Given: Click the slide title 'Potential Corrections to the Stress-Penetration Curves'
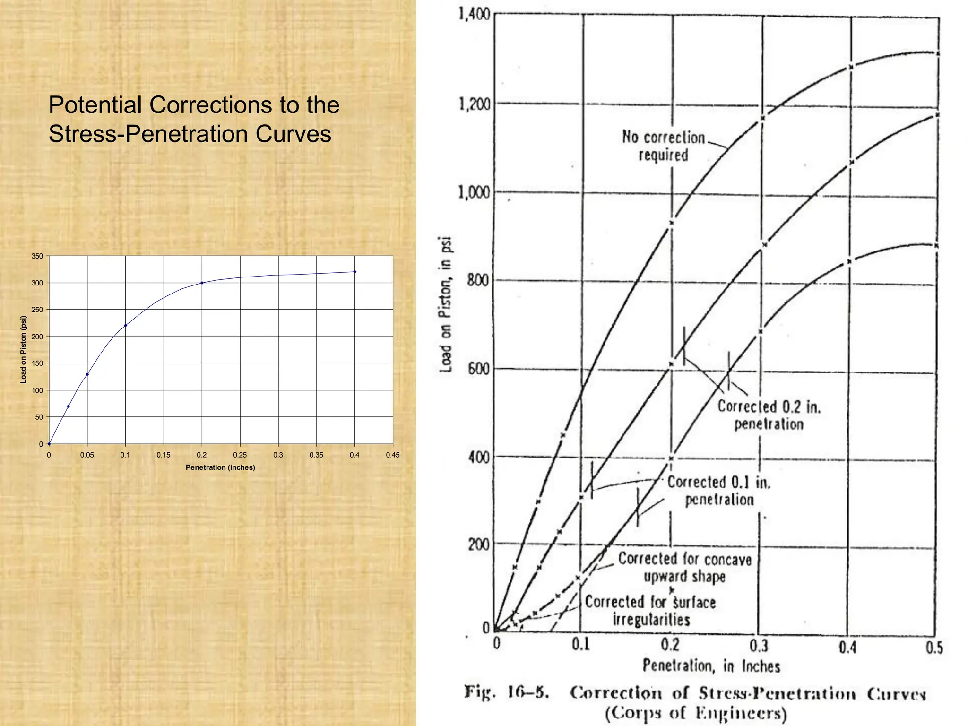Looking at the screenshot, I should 194,119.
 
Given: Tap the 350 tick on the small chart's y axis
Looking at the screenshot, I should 37,256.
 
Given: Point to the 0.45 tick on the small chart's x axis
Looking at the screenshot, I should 392,455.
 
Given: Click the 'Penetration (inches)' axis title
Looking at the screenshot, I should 220,467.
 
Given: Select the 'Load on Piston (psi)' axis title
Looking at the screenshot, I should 23,349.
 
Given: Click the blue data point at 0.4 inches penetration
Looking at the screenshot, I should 355,272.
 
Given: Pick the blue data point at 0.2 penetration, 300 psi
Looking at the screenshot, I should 202,283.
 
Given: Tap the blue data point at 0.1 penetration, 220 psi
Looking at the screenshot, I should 125,325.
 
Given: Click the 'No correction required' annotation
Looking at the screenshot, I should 663,146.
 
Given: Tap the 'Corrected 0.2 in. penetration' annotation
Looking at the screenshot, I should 769,415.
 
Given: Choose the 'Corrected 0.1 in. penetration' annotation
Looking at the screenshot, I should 719,491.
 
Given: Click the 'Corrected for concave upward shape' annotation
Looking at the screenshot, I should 685,567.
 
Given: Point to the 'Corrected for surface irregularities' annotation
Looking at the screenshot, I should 651,610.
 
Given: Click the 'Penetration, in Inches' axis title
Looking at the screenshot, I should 711,666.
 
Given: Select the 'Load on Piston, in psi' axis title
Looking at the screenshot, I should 446,304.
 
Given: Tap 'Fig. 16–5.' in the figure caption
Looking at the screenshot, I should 506,692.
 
